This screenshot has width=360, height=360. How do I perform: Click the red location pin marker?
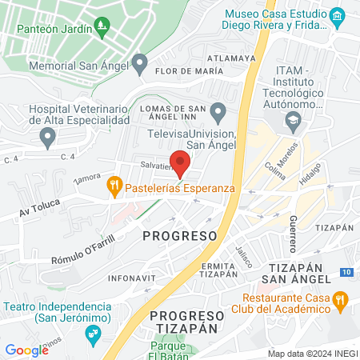[x=180, y=162]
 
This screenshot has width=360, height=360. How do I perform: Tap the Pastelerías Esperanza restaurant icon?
[x=114, y=187]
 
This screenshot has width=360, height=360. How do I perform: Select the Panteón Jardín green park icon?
[x=102, y=29]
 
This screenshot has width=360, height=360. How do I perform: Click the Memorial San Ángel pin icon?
[x=140, y=62]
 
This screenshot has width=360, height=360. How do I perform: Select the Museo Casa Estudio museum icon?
[x=337, y=15]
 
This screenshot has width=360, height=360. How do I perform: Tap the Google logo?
[x=26, y=350]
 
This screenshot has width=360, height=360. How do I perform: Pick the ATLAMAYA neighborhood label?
[x=230, y=58]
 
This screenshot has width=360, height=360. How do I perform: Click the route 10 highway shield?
[x=344, y=273]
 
